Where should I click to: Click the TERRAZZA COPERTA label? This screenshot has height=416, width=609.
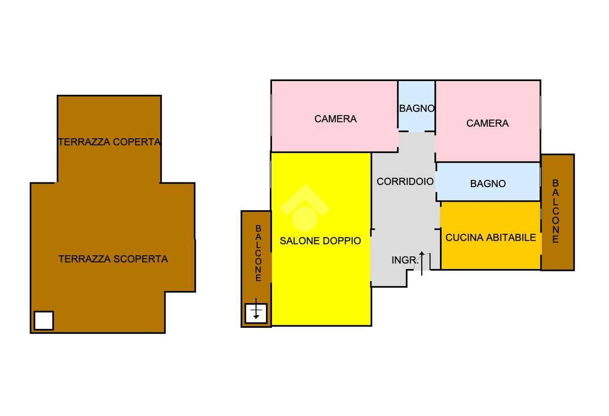pos(110,142)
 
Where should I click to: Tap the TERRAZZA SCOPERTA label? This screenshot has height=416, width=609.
pos(113,259)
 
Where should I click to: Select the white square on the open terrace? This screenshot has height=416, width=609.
pos(44,320)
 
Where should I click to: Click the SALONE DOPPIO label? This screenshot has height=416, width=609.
pos(320,241)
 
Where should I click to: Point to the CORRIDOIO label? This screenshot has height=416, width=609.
pos(405,181)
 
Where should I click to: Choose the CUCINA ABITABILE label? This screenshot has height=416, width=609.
pos(490,237)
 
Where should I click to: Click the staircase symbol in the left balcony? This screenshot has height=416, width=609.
pos(256,312)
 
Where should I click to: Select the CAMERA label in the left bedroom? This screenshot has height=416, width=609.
pos(335,119)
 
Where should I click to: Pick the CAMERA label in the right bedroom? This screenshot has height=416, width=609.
pos(487,123)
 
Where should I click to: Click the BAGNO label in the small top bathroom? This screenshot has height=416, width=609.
pos(417,108)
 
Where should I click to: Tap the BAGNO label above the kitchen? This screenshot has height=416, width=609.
pos(488,183)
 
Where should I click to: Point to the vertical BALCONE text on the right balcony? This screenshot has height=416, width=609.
pos(556,211)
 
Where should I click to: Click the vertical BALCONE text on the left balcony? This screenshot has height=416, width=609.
pos(258,253)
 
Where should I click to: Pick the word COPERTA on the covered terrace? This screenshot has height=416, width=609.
pos(137,142)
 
